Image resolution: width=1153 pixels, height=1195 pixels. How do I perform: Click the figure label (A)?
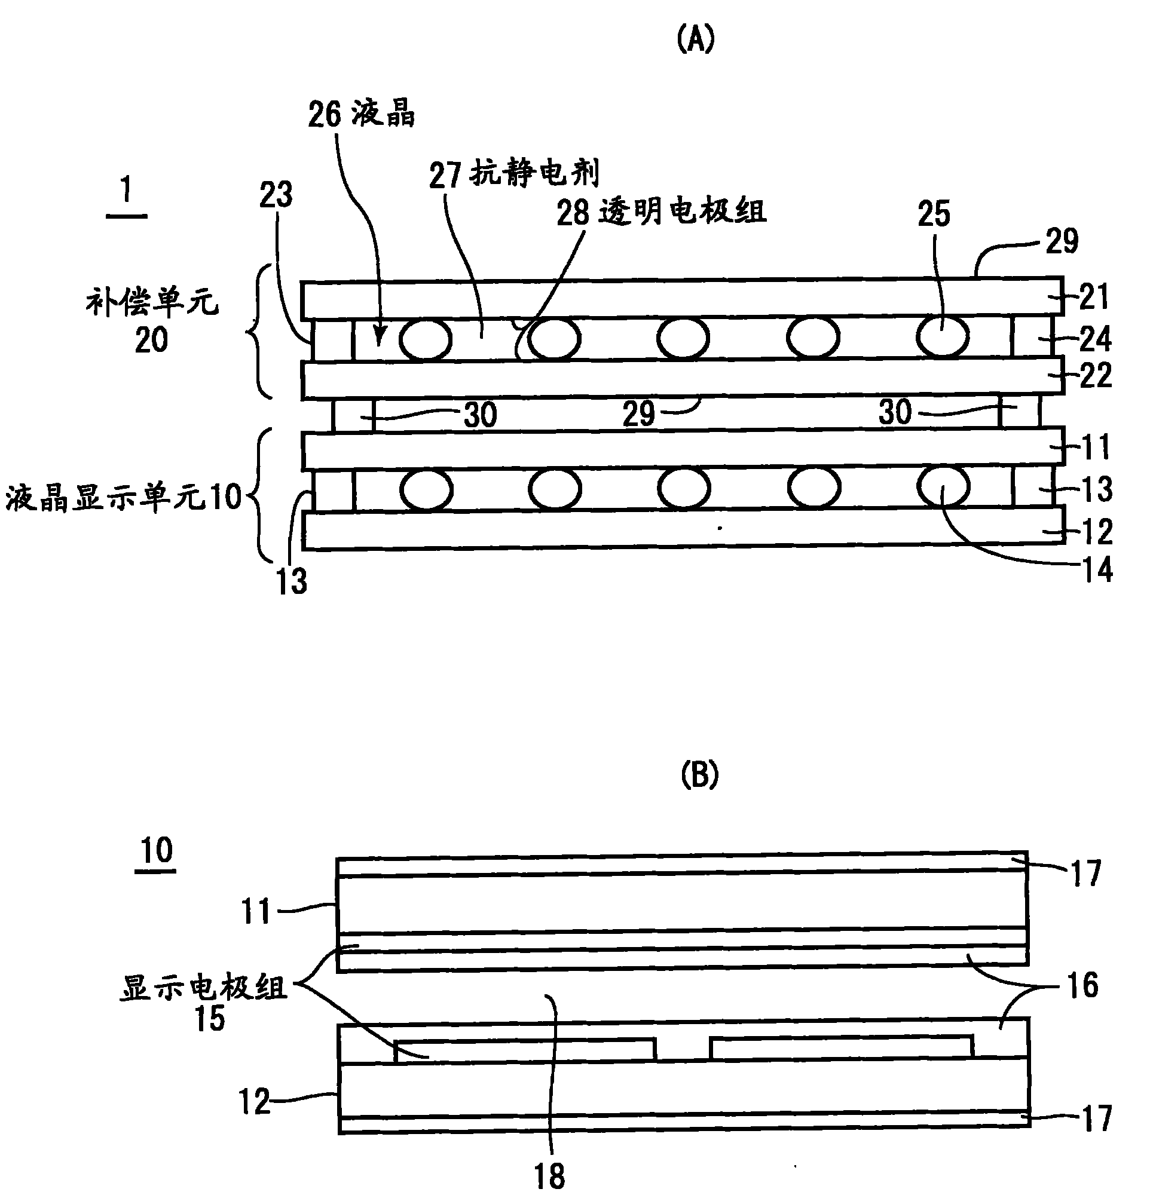696,41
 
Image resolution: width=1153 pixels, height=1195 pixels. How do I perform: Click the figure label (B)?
699,775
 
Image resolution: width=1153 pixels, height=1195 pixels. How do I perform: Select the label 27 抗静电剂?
514,173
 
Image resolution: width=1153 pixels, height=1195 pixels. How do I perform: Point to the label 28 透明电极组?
661,212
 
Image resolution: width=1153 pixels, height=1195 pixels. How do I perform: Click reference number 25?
934,214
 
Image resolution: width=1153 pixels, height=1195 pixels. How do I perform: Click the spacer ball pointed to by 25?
943,337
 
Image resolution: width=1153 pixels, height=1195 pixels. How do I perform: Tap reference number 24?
1095,339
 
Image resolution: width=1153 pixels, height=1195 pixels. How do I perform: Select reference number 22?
1096,376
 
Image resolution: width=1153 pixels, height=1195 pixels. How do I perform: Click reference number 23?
276,195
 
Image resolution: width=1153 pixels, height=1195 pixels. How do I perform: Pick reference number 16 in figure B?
1082,985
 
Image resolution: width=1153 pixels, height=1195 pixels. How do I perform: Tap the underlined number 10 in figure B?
156,852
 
